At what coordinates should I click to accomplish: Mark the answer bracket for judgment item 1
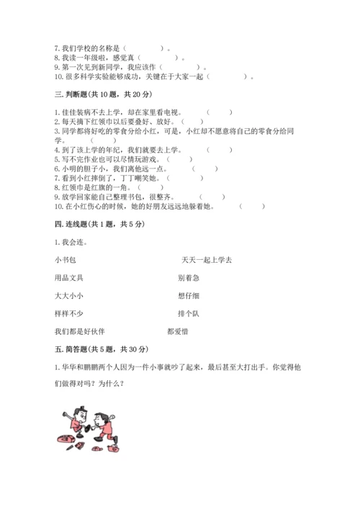pos(219,112)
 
